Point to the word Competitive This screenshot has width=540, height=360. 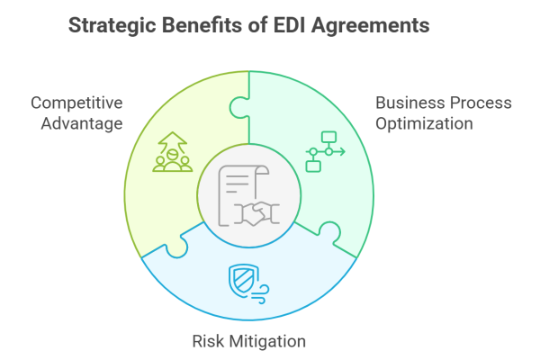(x=76, y=102)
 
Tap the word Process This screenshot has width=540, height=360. (x=479, y=103)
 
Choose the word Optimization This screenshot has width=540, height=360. (x=425, y=123)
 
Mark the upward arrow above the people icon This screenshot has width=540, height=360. (x=169, y=139)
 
